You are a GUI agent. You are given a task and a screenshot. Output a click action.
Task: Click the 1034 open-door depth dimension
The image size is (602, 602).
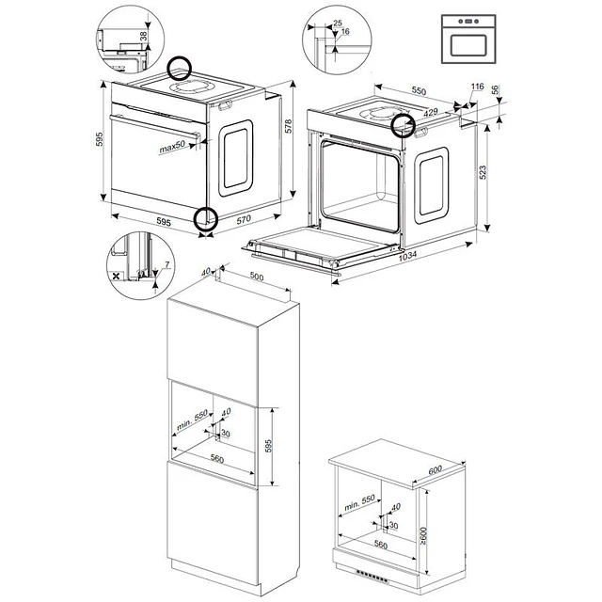click(x=407, y=256)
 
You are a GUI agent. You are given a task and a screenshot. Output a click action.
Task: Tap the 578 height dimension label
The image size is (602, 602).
click(x=289, y=126)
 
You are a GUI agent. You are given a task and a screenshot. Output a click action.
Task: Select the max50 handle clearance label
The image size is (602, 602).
click(x=172, y=147)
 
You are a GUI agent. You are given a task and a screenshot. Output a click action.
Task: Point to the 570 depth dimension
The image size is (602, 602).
click(x=244, y=219)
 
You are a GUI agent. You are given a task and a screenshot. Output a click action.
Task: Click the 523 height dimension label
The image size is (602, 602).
click(x=483, y=172)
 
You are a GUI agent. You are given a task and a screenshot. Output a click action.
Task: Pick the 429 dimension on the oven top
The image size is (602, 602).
click(x=431, y=112)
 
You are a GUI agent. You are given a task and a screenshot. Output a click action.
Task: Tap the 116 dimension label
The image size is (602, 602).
click(x=477, y=87)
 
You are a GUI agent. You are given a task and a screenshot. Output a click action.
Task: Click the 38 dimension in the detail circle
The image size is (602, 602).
click(x=143, y=36)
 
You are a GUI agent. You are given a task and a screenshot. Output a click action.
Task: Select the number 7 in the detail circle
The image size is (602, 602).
click(x=166, y=264)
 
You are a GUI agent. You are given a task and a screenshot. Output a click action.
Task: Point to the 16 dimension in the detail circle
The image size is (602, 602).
click(x=345, y=31)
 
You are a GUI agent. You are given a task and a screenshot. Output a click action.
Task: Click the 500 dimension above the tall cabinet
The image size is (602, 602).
click(x=257, y=277)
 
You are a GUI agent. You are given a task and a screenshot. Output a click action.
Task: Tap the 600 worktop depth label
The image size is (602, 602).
click(x=435, y=470)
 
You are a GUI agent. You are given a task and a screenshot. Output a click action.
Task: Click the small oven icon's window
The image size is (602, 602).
click(x=468, y=45)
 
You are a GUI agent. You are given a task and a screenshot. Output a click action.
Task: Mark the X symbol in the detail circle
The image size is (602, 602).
click(x=116, y=276)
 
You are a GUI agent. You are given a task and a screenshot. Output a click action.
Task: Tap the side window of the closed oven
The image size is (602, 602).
click(x=236, y=158)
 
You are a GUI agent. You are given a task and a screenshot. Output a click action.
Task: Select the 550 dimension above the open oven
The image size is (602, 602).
click(x=419, y=90)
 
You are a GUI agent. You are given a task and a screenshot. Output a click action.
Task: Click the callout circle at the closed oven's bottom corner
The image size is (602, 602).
click(x=206, y=218)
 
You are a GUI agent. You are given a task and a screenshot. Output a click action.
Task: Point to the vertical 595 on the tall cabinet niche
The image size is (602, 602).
click(x=268, y=446)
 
